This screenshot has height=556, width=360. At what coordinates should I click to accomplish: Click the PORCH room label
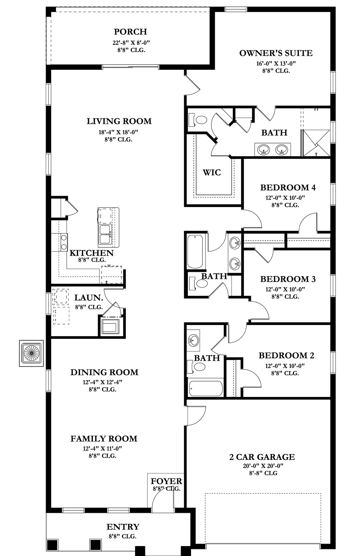(x=130, y=32)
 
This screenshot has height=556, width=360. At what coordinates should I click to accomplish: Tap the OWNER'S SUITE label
(x=276, y=53)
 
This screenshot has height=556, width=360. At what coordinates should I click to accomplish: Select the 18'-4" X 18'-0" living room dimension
(x=118, y=132)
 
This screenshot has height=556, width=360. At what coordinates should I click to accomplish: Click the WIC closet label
(x=212, y=172)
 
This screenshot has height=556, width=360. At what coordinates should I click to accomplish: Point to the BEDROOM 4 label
(x=288, y=187)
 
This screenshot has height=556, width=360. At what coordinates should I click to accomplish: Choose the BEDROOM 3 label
(x=288, y=279)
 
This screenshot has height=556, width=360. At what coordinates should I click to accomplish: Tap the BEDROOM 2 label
(x=286, y=356)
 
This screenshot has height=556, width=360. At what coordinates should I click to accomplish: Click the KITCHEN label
(x=91, y=253)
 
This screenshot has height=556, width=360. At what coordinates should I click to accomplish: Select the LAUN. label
(x=89, y=298)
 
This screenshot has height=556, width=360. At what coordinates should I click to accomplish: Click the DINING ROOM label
(x=104, y=372)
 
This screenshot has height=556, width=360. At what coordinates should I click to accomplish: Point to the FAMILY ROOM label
(x=104, y=439)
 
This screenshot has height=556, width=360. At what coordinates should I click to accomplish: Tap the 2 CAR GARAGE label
(x=262, y=457)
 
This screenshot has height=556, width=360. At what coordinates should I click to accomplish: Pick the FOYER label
(x=167, y=481)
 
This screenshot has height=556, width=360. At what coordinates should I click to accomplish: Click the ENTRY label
(x=123, y=527)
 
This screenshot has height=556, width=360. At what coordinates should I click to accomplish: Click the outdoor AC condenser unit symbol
(x=31, y=353)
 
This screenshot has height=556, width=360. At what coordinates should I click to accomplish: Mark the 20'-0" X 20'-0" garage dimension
(x=263, y=466)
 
